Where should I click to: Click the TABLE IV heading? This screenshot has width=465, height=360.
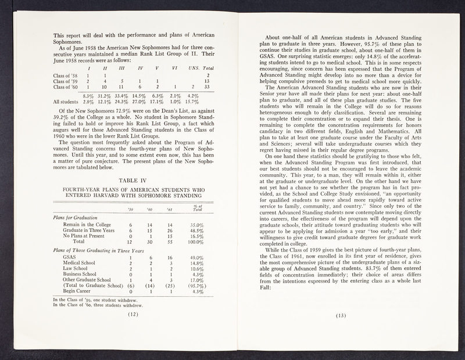133,179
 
